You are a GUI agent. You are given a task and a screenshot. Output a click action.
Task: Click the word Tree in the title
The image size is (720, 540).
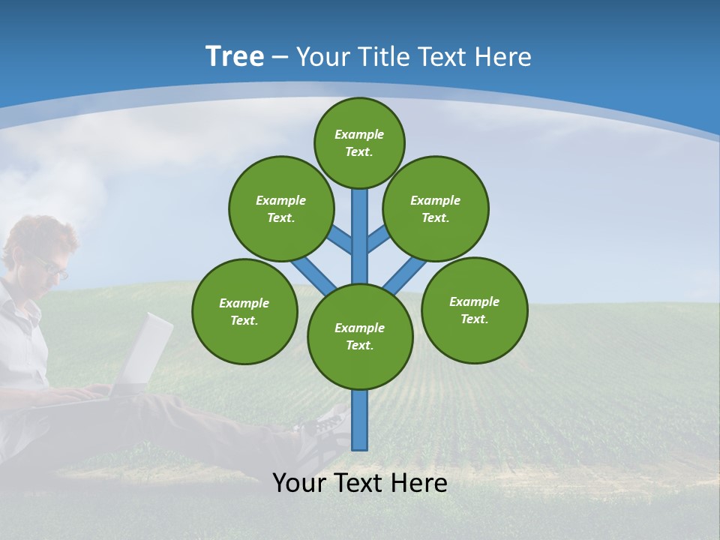coord(235,57)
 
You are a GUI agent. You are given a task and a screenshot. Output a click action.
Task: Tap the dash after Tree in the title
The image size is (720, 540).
coord(280,58)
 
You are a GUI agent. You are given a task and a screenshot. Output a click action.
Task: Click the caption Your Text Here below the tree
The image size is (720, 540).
coord(360,483)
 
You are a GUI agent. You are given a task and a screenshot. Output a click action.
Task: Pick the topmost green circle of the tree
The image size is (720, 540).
coord(359,142)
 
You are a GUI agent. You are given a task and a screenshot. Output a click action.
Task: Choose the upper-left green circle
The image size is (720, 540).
coord(280,208)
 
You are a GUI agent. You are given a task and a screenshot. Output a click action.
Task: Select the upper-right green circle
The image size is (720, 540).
coord(436,208)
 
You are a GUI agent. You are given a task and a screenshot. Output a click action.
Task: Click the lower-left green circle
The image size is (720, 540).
coord(244,311)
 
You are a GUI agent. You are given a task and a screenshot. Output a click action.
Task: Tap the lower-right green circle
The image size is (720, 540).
coord(474,310)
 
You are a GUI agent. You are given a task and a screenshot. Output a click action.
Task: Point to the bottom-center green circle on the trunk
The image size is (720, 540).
coord(360,337)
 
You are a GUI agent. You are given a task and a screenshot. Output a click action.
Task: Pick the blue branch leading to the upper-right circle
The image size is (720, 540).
coord(378,238)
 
